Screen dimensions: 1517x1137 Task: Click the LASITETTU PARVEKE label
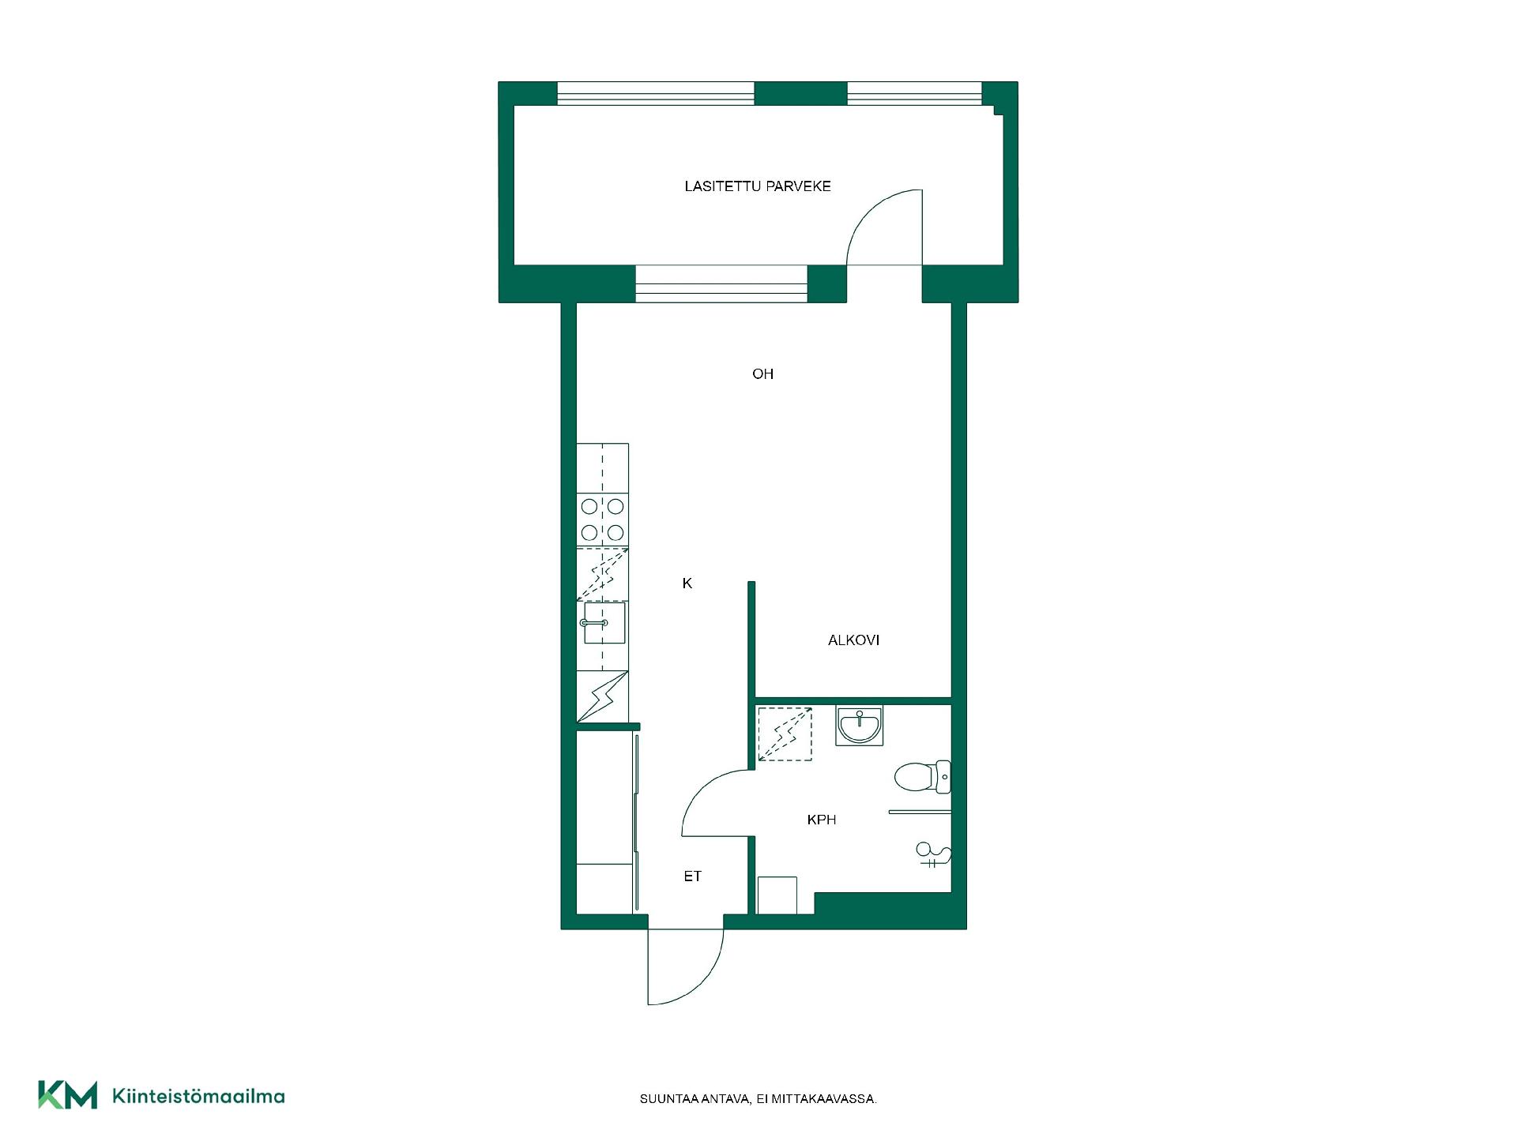point(758,187)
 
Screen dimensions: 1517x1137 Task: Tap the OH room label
point(762,374)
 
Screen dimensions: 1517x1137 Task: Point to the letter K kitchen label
point(687,584)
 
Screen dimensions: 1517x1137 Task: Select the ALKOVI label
point(853,640)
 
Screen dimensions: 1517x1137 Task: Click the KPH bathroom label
point(822,820)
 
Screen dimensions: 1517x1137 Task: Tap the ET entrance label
point(693,876)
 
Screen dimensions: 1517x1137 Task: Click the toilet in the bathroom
point(923,777)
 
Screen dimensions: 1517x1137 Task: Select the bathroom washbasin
point(860,726)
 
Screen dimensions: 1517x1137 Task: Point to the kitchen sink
point(604,623)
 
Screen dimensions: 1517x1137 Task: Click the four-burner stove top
point(603,520)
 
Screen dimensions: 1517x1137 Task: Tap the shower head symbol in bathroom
point(932,854)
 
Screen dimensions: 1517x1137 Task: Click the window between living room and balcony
point(721,284)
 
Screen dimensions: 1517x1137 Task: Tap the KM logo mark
point(68,1095)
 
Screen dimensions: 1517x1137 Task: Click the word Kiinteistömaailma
point(199,1096)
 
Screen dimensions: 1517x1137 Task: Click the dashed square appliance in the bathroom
point(785,734)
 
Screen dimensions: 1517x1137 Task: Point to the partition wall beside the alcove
point(751,640)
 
